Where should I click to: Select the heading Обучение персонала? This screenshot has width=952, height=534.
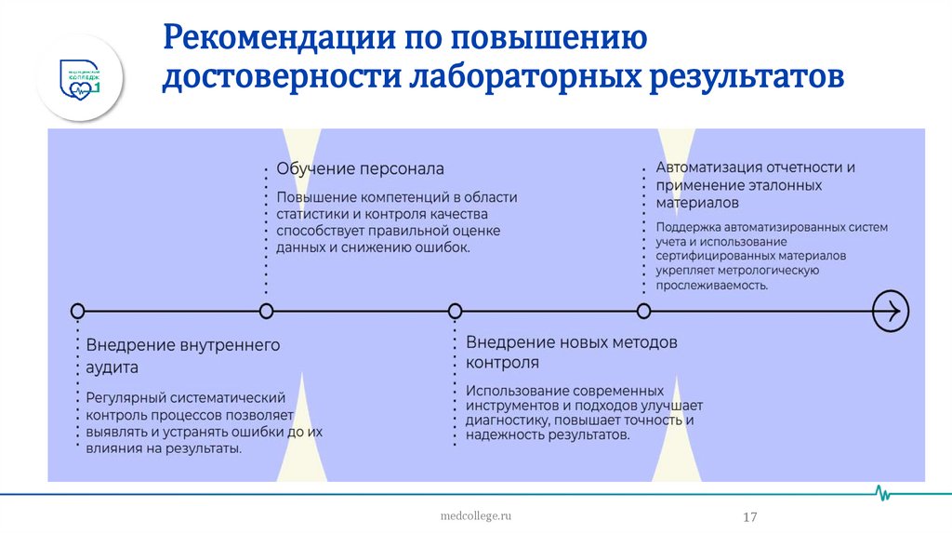pyautogui.click(x=360, y=169)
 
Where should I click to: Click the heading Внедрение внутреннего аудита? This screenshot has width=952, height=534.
pyautogui.click(x=182, y=355)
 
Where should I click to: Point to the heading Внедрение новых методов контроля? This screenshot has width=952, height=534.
pyautogui.click(x=571, y=352)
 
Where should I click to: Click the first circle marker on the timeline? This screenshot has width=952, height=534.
pyautogui.click(x=78, y=311)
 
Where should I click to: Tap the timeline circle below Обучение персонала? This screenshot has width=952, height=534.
pyautogui.click(x=267, y=311)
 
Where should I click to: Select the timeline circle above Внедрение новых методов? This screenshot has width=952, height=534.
pyautogui.click(x=456, y=311)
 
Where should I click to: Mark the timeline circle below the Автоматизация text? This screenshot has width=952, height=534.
pyautogui.click(x=643, y=311)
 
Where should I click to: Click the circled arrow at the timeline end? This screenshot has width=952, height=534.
pyautogui.click(x=890, y=311)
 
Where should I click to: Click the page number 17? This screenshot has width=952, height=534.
pyautogui.click(x=749, y=517)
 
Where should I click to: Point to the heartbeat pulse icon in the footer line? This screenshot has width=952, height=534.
pyautogui.click(x=883, y=493)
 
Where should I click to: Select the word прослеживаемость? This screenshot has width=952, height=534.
pyautogui.click(x=711, y=286)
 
